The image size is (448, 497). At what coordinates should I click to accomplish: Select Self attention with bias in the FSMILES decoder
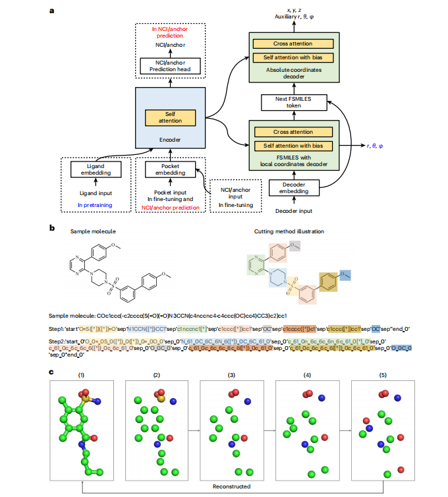coord(292,145)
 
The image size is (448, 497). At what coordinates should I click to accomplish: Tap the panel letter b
coord(52,227)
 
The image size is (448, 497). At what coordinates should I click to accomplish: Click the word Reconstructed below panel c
coord(231,487)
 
